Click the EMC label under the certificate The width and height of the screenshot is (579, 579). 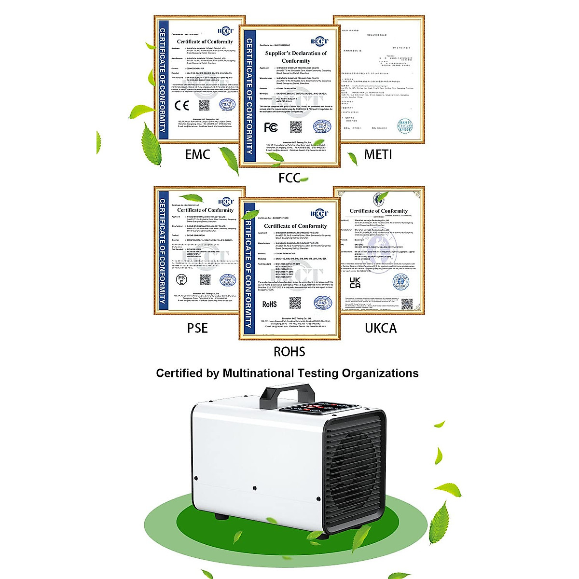[197, 154]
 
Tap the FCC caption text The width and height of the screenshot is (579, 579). [289, 178]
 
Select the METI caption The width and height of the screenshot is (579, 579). [378, 154]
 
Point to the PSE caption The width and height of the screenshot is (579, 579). [197, 328]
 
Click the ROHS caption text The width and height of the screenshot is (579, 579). [289, 351]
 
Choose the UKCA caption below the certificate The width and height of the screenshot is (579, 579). [381, 328]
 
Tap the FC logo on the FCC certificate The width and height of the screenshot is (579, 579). [271, 127]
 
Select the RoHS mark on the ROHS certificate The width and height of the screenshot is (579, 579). [269, 304]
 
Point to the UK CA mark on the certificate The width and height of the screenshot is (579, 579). [355, 283]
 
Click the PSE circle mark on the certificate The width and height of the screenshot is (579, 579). [181, 279]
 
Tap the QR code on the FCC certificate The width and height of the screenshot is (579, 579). [296, 127]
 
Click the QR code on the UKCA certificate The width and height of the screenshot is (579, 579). [407, 304]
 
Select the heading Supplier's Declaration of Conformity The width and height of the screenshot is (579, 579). [296, 57]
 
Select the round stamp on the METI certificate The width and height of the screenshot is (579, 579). [404, 126]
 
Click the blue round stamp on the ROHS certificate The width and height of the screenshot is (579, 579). [322, 303]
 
